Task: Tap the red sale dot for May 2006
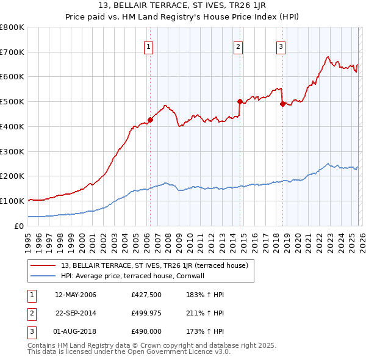(150, 120)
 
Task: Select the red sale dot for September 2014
(240, 101)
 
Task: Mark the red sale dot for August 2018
(282, 104)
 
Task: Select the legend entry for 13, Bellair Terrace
(154, 265)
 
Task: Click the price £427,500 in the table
(145, 295)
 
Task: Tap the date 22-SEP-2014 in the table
(76, 313)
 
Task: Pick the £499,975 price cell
(145, 313)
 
